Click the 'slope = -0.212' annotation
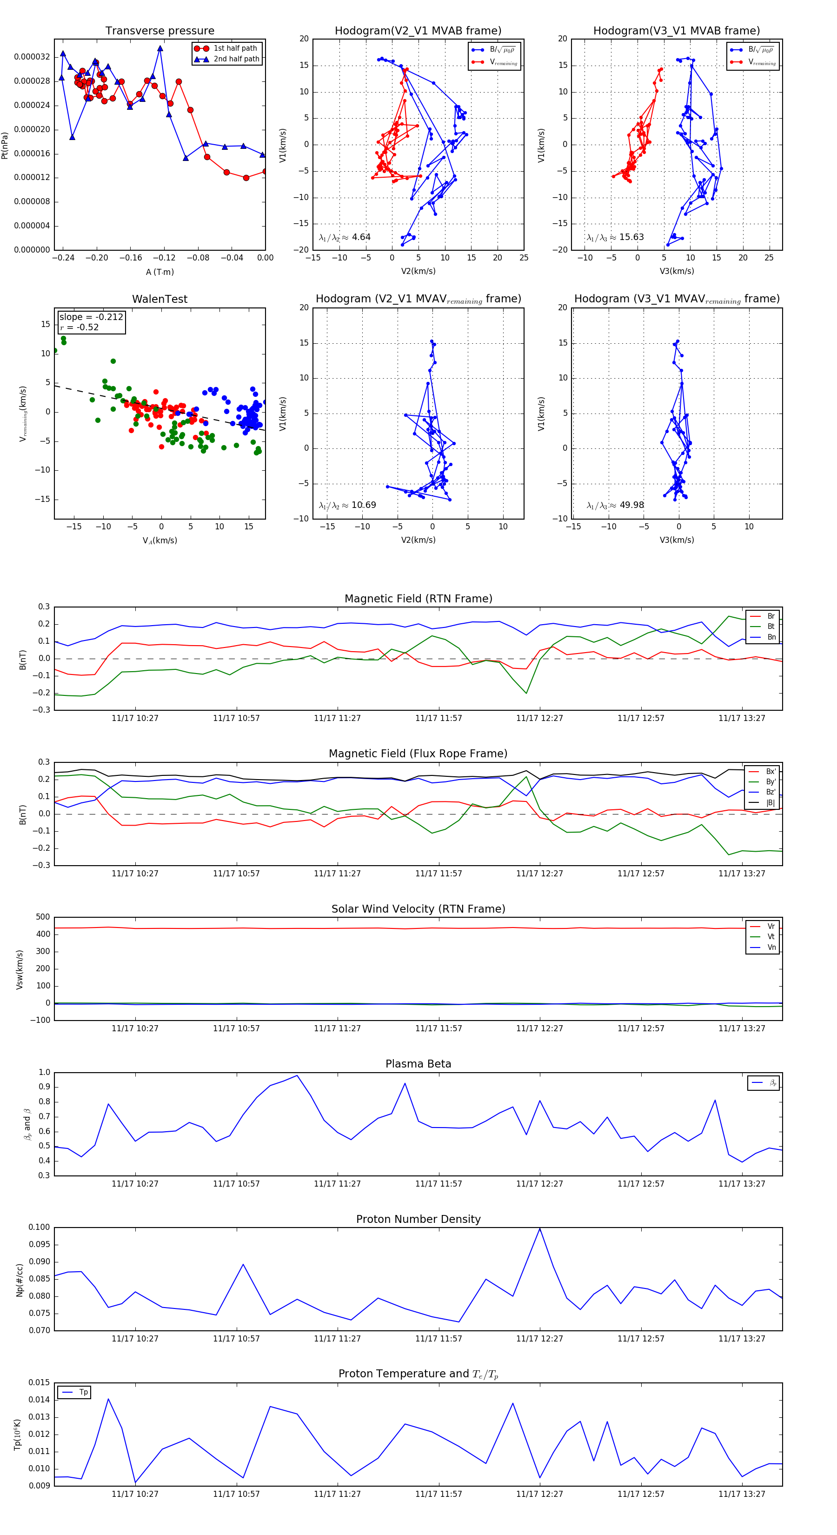[91, 317]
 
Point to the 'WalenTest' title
[159, 299]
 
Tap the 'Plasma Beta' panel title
[418, 1064]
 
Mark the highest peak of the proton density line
[540, 1229]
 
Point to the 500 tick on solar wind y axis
[43, 917]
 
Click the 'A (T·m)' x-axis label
[159, 272]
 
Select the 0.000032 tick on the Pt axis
[32, 57]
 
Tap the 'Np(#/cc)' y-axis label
[20, 1279]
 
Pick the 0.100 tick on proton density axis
[40, 1228]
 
